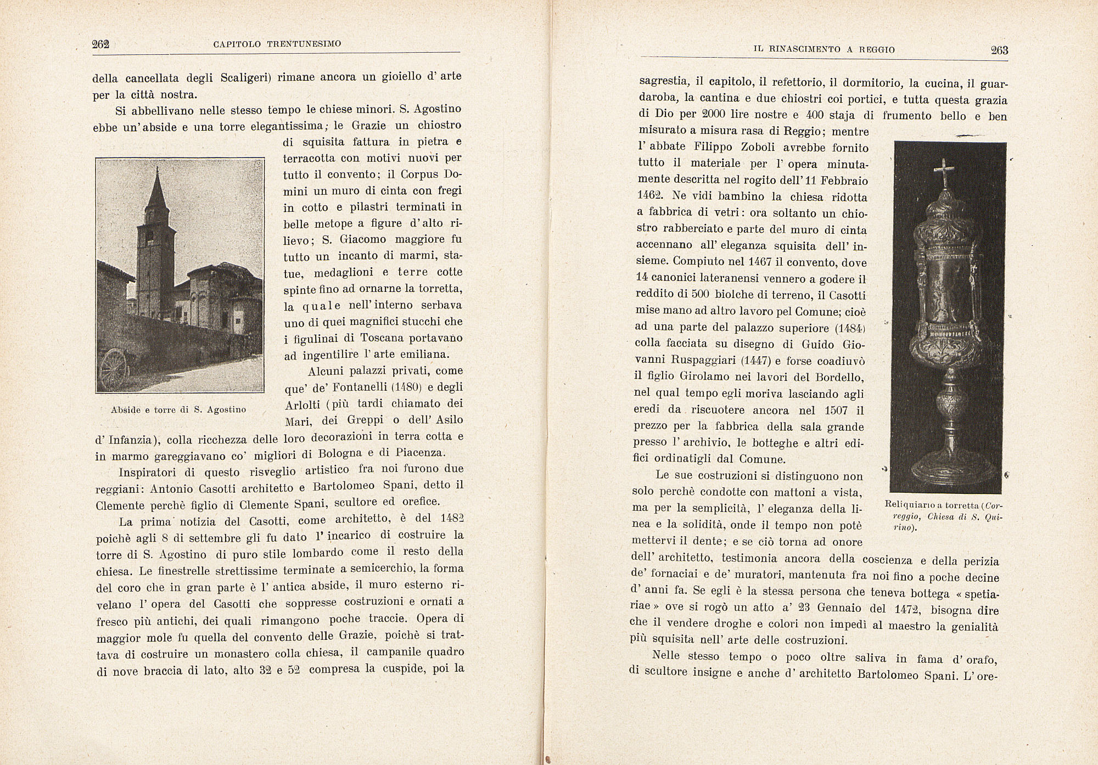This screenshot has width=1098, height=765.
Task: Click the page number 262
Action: click(x=101, y=44)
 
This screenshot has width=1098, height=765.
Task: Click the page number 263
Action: click(x=999, y=50)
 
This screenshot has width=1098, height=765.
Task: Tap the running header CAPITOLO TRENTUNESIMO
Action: click(x=277, y=43)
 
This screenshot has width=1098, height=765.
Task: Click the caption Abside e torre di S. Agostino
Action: click(x=178, y=409)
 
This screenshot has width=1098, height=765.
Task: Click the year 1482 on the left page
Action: click(x=452, y=519)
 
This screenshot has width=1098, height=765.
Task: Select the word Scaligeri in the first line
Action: click(x=246, y=77)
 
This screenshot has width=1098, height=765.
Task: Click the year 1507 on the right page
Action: click(x=836, y=410)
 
